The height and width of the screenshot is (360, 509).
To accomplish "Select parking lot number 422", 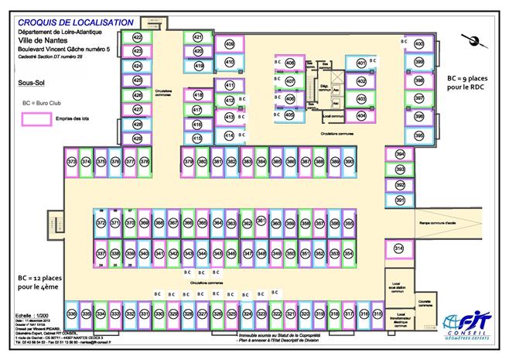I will [138, 38].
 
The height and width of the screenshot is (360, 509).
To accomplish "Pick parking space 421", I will [198, 37].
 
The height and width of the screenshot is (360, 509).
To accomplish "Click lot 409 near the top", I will [230, 44].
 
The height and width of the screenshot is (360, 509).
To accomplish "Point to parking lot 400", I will [418, 44].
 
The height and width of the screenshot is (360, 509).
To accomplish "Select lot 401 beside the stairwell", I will [361, 63].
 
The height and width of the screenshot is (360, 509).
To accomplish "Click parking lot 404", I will [361, 116].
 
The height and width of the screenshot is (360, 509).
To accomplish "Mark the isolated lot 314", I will [399, 249].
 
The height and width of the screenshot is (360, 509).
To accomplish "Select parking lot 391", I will [400, 201].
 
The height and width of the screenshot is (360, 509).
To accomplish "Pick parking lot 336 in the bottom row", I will [72, 314].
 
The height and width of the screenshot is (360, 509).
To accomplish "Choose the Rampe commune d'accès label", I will [437, 225].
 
